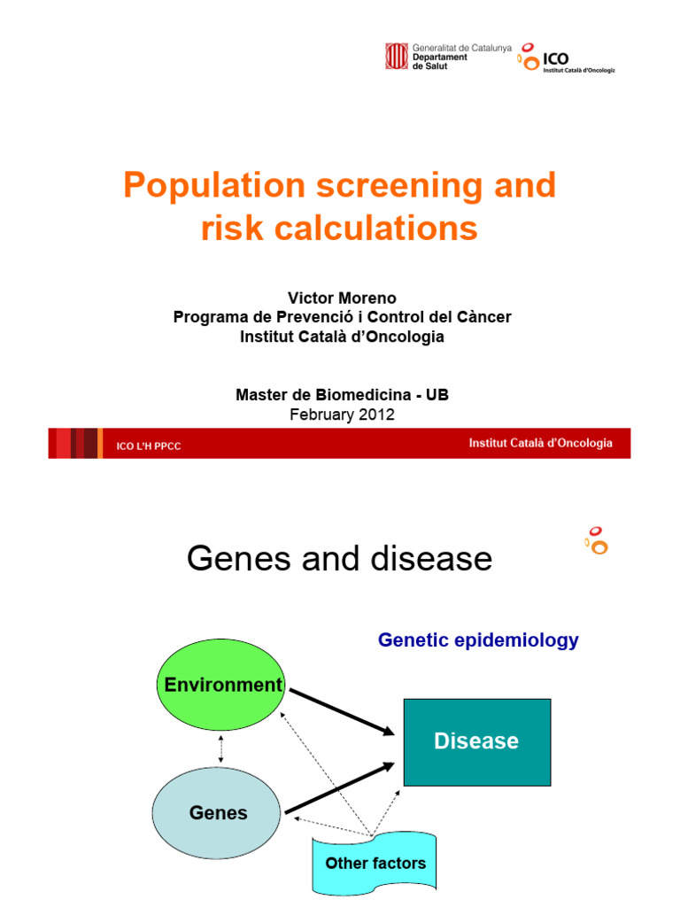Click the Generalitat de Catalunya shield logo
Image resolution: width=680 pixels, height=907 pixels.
coord(395,56)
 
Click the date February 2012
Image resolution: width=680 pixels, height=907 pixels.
coord(342,415)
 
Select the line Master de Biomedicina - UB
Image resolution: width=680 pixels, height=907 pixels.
coord(342,395)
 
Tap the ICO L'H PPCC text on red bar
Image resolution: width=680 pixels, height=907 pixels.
coord(149,446)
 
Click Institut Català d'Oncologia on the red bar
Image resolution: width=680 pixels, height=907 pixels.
coord(540,444)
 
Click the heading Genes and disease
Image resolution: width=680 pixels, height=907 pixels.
coord(339,559)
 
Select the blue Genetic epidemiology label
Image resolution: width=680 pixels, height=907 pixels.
coord(478,640)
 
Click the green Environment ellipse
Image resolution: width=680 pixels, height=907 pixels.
coord(220,685)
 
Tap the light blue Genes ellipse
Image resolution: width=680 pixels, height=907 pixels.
coord(218,813)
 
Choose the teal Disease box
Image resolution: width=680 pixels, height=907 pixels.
coord(476,741)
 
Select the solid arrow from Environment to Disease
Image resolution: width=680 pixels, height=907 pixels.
coord(341,711)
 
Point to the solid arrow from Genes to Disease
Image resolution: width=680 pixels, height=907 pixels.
coord(338,787)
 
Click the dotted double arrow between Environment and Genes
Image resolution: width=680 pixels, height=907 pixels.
coord(220,749)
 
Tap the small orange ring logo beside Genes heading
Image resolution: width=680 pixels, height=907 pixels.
coord(597,540)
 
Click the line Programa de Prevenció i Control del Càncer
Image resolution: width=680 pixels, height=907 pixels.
coord(342,317)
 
